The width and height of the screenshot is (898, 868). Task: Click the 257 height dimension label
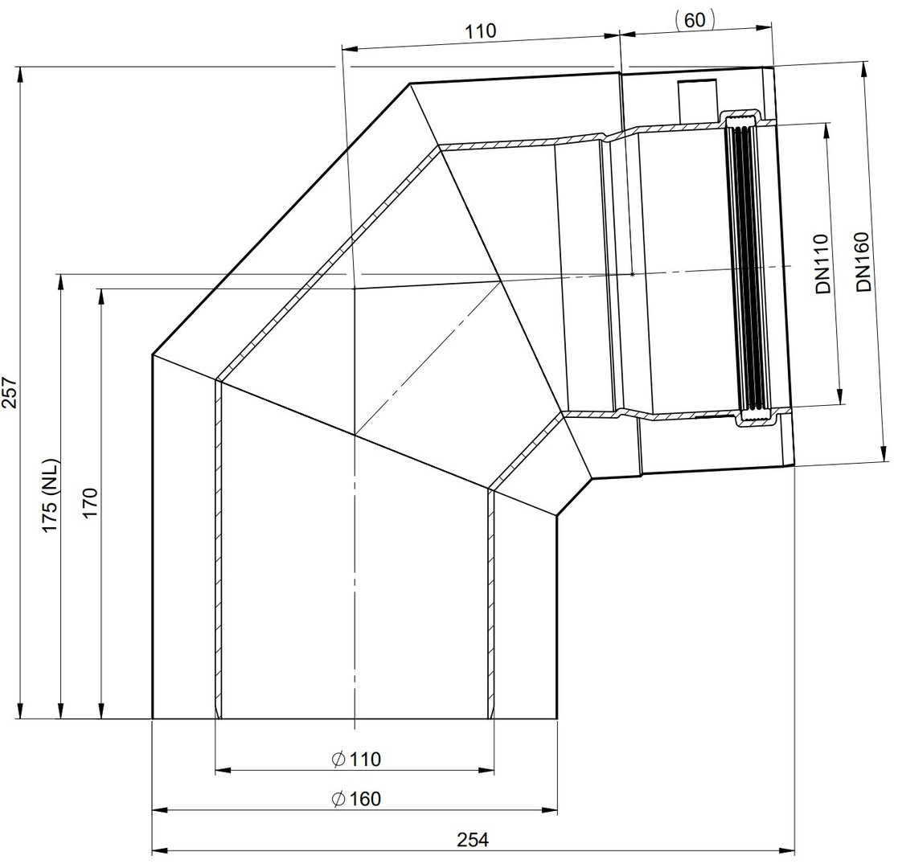click(10, 392)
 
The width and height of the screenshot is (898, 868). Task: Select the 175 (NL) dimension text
click(51, 495)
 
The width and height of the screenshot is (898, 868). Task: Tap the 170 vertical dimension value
click(91, 503)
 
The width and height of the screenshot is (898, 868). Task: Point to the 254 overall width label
click(473, 839)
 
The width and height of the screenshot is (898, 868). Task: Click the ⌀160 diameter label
click(357, 798)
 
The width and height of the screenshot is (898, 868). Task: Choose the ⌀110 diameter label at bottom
click(356, 759)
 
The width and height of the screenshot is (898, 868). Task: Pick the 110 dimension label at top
click(480, 31)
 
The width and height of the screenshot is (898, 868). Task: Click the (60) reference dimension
click(695, 20)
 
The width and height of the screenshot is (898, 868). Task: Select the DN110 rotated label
click(823, 264)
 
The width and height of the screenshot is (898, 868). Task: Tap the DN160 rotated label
click(863, 262)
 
